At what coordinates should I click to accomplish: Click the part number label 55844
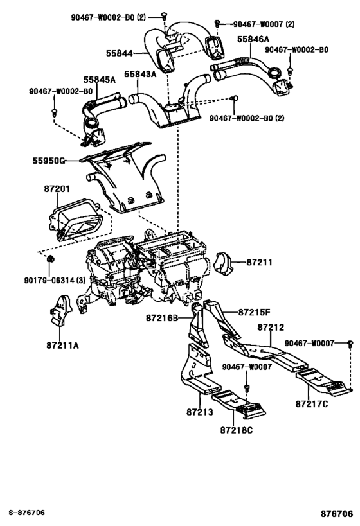point(119,53)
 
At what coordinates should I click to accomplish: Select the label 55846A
point(253,39)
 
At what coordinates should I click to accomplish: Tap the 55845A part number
point(100,80)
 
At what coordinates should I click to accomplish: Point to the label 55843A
point(140,74)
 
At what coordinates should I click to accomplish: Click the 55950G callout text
point(49,161)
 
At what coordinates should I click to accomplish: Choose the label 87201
point(57,189)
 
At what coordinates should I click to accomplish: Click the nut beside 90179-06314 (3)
point(50,259)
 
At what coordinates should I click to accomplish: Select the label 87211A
point(62,345)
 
